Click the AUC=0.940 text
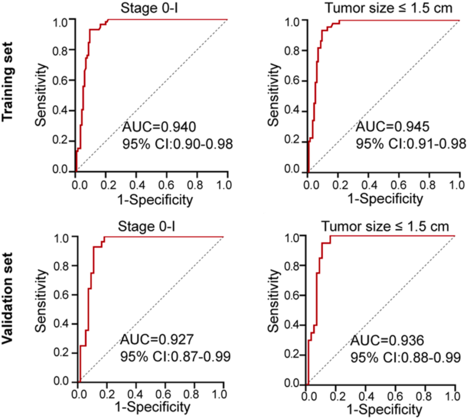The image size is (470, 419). (156, 127)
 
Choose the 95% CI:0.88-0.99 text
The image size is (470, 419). (406, 358)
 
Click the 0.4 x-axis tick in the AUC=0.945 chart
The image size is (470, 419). (368, 182)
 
